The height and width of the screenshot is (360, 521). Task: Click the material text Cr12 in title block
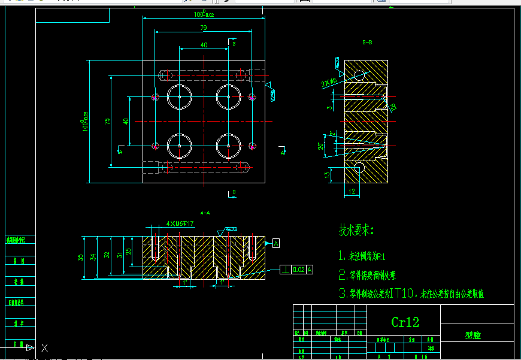(405, 322)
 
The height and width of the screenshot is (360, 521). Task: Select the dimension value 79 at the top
(204, 28)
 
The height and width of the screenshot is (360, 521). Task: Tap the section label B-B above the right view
(367, 43)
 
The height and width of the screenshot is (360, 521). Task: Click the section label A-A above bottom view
(205, 213)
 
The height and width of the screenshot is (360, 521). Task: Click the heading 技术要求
(356, 230)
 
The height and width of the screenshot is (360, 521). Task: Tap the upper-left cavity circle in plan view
(179, 97)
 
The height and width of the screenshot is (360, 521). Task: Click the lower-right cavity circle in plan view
(228, 145)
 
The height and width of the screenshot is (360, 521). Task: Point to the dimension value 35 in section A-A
(81, 257)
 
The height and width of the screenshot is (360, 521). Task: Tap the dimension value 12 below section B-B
(352, 192)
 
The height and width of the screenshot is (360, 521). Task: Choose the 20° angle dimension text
(321, 145)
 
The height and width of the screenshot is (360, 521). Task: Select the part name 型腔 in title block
(473, 336)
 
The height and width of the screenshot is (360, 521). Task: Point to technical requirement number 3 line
(410, 294)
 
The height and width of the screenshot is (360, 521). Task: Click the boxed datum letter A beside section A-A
(276, 243)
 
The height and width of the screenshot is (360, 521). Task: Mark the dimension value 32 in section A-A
(107, 255)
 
